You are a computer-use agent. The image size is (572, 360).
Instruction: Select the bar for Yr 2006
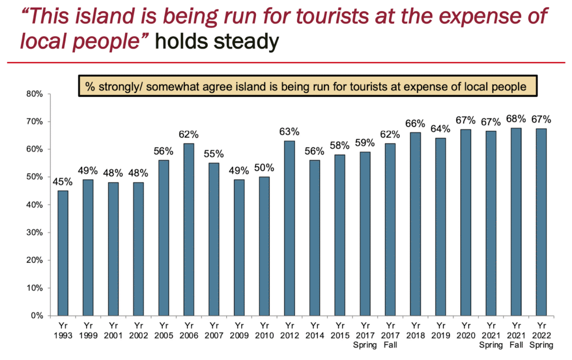[x=189, y=230]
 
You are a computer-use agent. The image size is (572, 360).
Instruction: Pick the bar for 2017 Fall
[x=389, y=230]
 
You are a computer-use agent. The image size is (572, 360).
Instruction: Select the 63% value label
[x=290, y=132]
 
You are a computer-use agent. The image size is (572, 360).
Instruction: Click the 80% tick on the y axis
[x=35, y=94]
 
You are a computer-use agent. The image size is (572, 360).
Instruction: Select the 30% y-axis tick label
[x=35, y=233]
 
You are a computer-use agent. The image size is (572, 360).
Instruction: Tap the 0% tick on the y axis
[x=37, y=316]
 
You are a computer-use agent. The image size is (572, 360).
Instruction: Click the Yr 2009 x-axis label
[x=240, y=330]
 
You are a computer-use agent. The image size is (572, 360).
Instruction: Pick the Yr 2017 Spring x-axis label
[x=365, y=334]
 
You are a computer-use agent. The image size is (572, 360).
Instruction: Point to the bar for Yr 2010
[x=265, y=247]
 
